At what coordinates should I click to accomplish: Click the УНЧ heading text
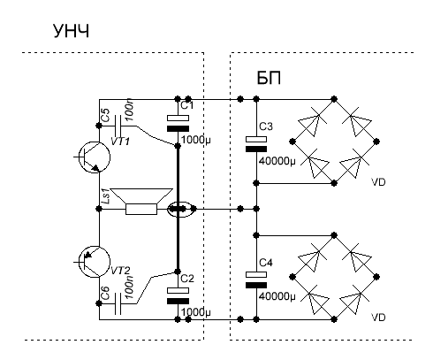71,31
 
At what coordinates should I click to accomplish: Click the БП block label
269,78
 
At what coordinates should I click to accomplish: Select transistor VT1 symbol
95,157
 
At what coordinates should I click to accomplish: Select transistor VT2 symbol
95,262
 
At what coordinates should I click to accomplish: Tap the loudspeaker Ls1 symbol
141,202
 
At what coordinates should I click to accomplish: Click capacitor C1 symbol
178,124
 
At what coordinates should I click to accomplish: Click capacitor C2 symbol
178,295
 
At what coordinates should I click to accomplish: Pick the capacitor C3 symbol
256,144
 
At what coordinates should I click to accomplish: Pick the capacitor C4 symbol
256,280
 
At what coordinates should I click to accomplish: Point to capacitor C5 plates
118,126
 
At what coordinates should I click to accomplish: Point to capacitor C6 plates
118,303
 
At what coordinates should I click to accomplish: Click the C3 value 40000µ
277,161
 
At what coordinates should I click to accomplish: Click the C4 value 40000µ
277,296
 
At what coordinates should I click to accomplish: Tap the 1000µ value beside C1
196,140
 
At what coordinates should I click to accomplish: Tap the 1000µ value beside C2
196,312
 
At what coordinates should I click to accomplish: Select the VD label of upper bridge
378,182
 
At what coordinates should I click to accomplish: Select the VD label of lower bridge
378,318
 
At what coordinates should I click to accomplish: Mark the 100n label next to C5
130,111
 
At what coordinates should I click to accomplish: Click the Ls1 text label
105,196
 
